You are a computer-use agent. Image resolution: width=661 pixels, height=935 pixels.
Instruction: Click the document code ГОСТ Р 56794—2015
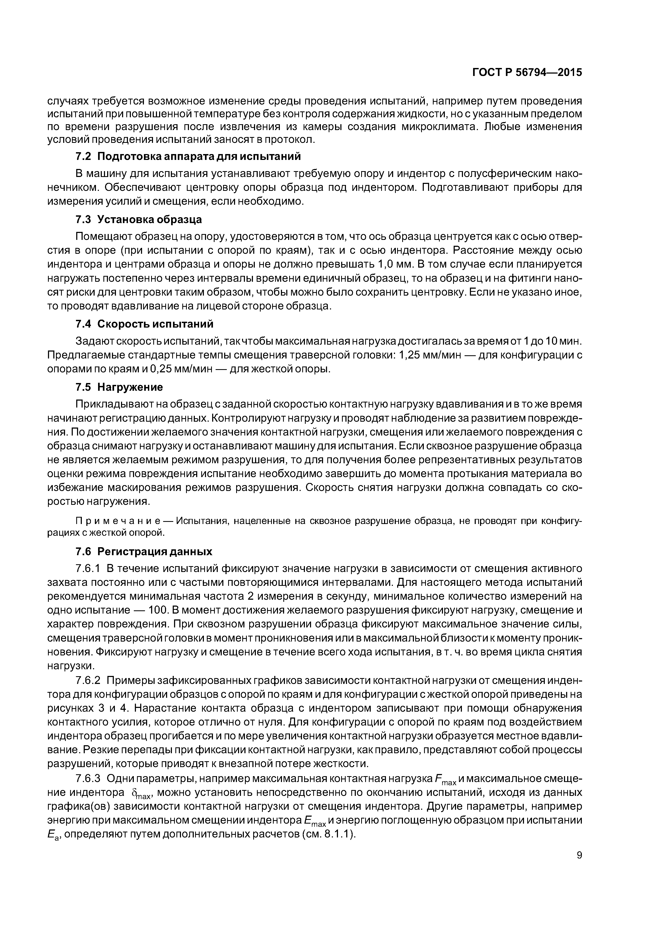click(x=527, y=72)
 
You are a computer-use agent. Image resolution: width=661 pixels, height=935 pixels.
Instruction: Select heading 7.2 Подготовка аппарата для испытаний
click(x=188, y=157)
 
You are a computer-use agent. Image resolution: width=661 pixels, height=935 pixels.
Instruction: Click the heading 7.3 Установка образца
click(x=139, y=220)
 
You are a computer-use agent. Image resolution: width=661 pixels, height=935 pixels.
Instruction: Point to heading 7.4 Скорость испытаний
click(x=144, y=324)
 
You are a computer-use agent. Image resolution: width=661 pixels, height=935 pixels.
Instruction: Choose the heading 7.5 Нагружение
click(x=119, y=387)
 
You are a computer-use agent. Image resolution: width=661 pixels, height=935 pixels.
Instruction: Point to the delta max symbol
click(x=141, y=794)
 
